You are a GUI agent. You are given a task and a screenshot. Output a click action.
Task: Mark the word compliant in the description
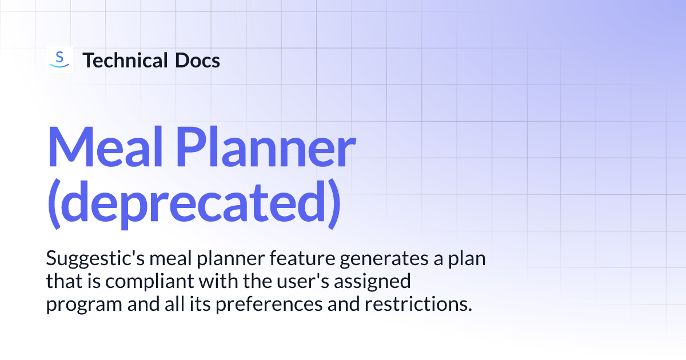pyautogui.click(x=135, y=282)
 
